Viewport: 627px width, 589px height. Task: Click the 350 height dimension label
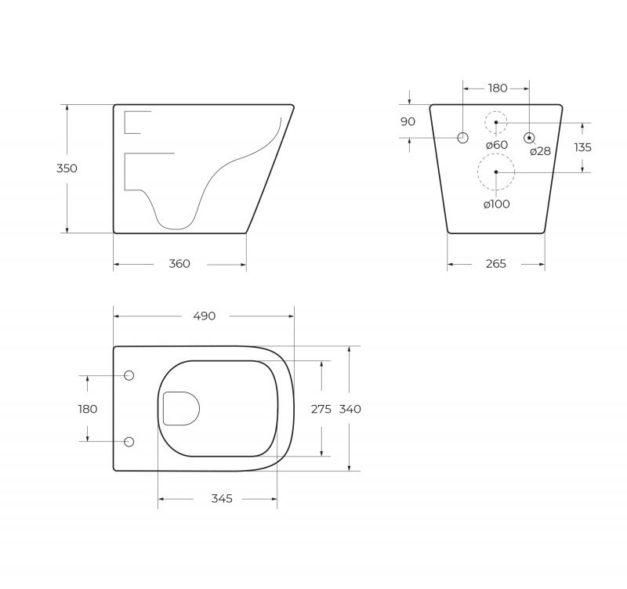click(67, 168)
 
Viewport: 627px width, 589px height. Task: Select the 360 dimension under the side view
click(179, 264)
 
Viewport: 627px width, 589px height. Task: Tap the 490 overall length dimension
click(204, 316)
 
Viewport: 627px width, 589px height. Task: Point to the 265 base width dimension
click(495, 264)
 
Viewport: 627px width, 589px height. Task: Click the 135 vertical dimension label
click(582, 147)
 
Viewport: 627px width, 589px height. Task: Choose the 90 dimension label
click(408, 121)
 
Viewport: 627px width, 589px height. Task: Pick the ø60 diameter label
click(496, 145)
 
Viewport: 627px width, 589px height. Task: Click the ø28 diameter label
click(540, 151)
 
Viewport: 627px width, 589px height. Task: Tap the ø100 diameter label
click(496, 204)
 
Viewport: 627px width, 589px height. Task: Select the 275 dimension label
click(321, 409)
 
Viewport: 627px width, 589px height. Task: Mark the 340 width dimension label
click(350, 409)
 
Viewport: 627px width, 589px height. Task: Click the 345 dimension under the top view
click(222, 499)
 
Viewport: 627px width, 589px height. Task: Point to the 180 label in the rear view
click(498, 89)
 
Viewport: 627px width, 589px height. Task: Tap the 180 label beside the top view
click(87, 409)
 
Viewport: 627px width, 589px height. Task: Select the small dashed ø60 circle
click(495, 122)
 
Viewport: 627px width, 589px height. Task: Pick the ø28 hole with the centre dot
click(530, 138)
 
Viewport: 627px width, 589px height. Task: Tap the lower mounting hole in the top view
click(129, 442)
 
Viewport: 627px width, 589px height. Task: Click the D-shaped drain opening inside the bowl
click(180, 408)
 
